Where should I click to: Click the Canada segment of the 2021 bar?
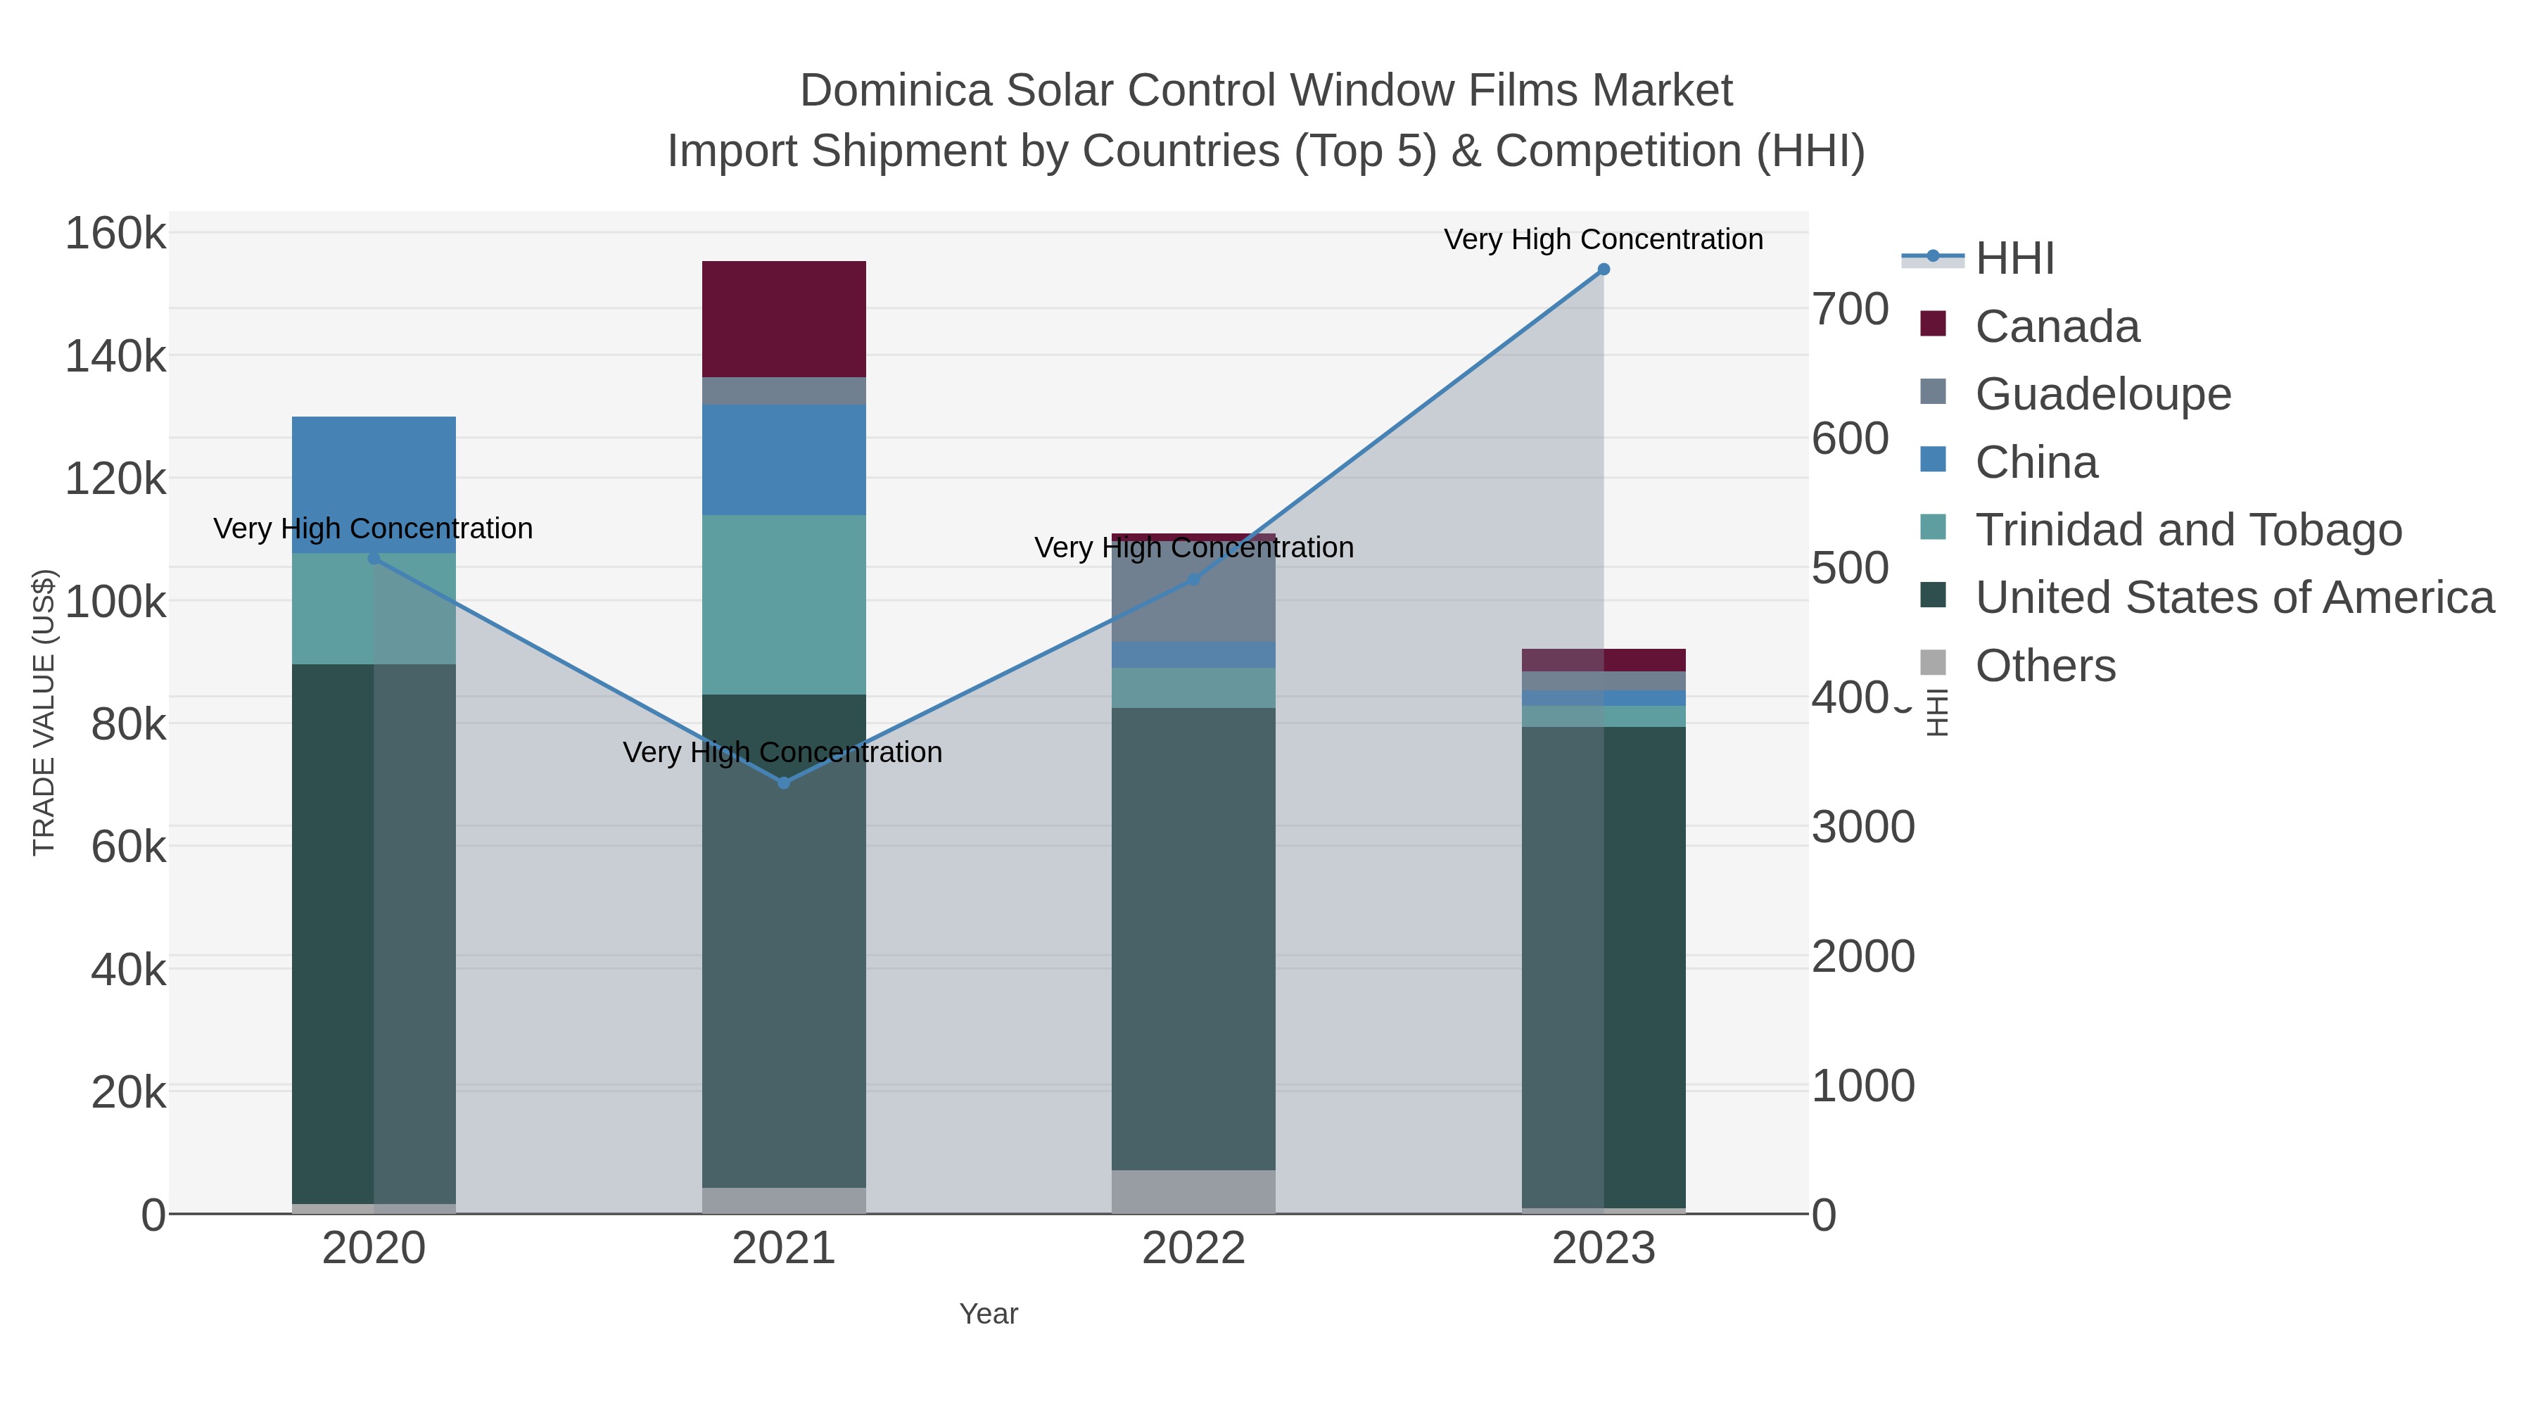pyautogui.click(x=784, y=319)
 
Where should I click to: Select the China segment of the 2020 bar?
pyautogui.click(x=374, y=484)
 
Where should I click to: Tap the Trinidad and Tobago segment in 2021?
pyautogui.click(x=784, y=604)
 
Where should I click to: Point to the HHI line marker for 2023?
pyautogui.click(x=1604, y=270)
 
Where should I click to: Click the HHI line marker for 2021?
pyautogui.click(x=784, y=783)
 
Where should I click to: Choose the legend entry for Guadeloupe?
pyautogui.click(x=2102, y=394)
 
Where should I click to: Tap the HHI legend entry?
pyautogui.click(x=2014, y=259)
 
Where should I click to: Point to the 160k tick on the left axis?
pyautogui.click(x=115, y=235)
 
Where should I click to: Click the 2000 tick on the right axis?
pyautogui.click(x=1863, y=957)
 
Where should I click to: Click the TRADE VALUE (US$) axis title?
pyautogui.click(x=44, y=712)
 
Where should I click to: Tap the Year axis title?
pyautogui.click(x=989, y=1314)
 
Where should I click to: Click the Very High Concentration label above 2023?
pyautogui.click(x=1603, y=240)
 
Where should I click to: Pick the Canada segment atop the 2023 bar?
pyautogui.click(x=1604, y=660)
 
